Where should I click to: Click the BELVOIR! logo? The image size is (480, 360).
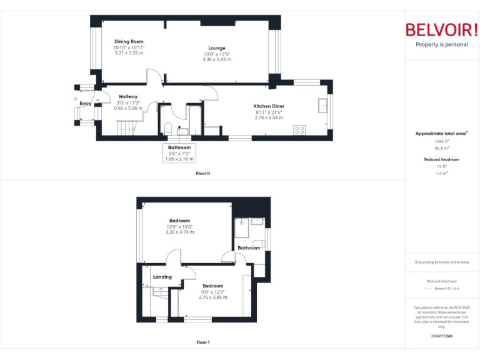[x=442, y=30]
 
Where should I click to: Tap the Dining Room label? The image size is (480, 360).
[x=129, y=42]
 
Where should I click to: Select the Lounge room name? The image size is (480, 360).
[x=217, y=48]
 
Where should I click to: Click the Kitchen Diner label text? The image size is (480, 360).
[x=269, y=106]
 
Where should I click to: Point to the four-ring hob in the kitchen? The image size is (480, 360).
[x=299, y=130]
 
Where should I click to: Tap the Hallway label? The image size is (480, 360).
[x=128, y=97]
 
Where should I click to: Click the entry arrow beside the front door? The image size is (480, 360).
[x=75, y=99]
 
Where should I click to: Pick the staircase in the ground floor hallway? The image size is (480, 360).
[x=126, y=128]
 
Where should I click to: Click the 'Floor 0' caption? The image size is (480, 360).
[x=202, y=173]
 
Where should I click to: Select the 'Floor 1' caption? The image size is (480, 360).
[x=202, y=342]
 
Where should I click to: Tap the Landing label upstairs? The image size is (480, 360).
[x=162, y=277]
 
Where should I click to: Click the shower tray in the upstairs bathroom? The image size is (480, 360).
[x=257, y=222]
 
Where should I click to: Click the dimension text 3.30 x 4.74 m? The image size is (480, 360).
[x=179, y=232]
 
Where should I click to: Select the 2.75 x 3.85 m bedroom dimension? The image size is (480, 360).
[x=212, y=297]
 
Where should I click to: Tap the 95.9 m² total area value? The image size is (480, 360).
[x=442, y=147]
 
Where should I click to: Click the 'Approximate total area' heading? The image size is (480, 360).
[x=441, y=134]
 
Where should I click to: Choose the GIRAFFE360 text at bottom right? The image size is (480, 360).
[x=442, y=336]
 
